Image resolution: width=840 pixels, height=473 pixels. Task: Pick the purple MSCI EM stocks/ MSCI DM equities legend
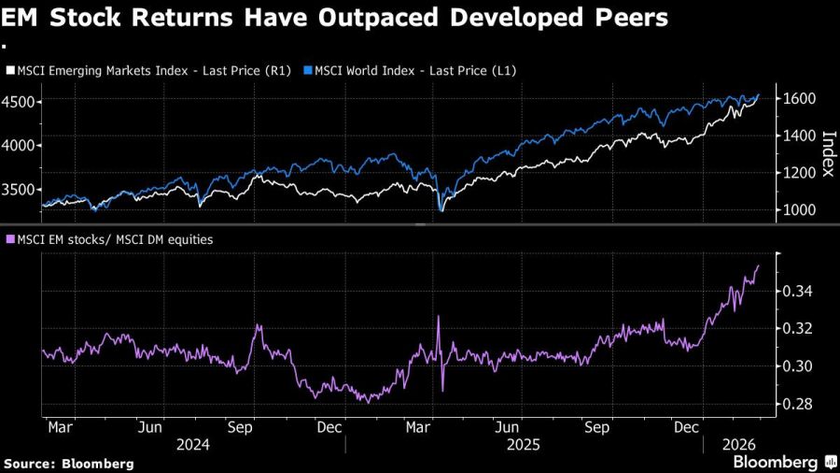pyautogui.click(x=109, y=239)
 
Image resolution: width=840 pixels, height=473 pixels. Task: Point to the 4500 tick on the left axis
pyautogui.click(x=20, y=101)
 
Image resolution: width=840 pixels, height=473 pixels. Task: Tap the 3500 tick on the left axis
pyautogui.click(x=20, y=189)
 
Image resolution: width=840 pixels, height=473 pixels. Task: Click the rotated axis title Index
pyautogui.click(x=826, y=154)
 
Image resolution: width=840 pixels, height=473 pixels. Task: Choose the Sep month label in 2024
pyautogui.click(x=241, y=427)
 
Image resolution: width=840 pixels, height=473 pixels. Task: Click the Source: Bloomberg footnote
pyautogui.click(x=69, y=464)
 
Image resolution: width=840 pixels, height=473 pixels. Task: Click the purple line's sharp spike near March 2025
pyautogui.click(x=438, y=317)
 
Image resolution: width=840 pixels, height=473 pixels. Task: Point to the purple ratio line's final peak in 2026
pyautogui.click(x=758, y=265)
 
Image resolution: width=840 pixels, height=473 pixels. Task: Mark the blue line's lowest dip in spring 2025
pyautogui.click(x=440, y=210)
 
